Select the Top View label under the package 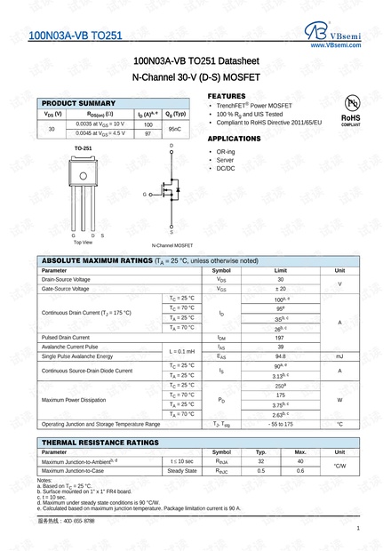click(83, 242)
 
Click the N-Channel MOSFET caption click(172, 244)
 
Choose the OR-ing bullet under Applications click(226, 152)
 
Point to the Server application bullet click(226, 161)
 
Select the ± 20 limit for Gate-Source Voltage click(280, 289)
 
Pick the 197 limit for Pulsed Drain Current click(280, 338)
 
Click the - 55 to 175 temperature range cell click(280, 424)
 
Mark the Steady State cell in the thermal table click(182, 470)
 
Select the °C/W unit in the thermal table click(339, 466)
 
